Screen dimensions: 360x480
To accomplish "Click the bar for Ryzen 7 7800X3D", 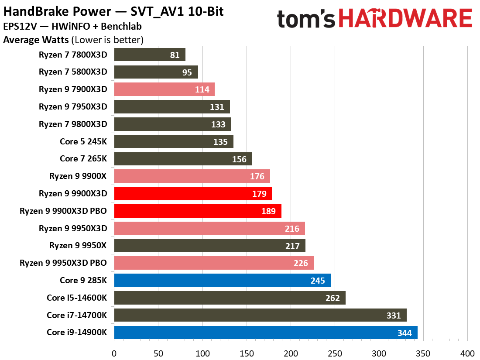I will (x=150, y=55).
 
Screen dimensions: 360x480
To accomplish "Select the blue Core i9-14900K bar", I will (x=265, y=333).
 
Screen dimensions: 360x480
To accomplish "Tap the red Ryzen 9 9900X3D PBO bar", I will (x=197, y=211).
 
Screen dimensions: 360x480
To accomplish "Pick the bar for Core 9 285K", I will (x=222, y=281).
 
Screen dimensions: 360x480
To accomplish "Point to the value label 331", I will (x=393, y=315).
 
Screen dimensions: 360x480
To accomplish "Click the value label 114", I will (x=202, y=90).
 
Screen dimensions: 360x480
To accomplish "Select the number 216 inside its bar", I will (x=292, y=229).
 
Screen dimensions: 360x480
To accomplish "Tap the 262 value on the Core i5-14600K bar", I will (x=333, y=298).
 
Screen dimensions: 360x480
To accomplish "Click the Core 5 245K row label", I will (x=83, y=141).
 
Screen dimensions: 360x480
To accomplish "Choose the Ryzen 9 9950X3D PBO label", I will (x=63, y=263).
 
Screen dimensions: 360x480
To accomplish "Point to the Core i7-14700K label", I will (x=77, y=315).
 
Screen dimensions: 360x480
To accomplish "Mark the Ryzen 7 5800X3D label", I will (x=73, y=72).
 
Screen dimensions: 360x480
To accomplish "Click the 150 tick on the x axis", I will (x=247, y=353).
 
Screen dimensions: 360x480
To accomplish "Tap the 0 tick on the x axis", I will (x=114, y=353).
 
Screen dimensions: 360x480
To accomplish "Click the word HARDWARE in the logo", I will (x=406, y=19).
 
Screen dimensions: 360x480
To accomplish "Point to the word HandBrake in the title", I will (x=30, y=11).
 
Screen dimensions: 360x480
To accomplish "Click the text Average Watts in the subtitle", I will (x=36, y=40).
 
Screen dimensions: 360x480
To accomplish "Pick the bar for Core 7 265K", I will (x=183, y=159).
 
